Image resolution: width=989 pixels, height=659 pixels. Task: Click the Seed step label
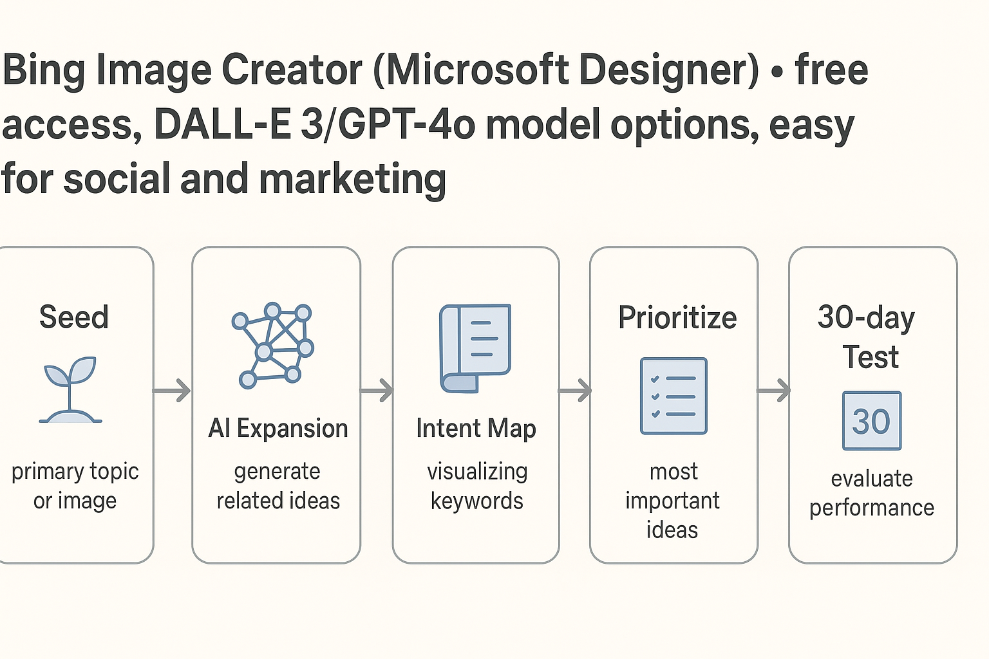pyautogui.click(x=74, y=317)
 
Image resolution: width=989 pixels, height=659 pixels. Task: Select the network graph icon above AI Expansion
pyautogui.click(x=273, y=346)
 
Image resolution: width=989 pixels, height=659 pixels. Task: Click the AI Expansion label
pyautogui.click(x=278, y=428)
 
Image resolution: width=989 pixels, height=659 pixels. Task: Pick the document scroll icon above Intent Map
pyautogui.click(x=475, y=348)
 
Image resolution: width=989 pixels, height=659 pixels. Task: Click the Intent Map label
pyautogui.click(x=476, y=429)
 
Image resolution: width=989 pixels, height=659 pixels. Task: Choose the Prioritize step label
pyautogui.click(x=677, y=318)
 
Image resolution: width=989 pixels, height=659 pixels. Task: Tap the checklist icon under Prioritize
pyautogui.click(x=673, y=396)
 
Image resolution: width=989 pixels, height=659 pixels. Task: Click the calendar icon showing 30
pyautogui.click(x=872, y=421)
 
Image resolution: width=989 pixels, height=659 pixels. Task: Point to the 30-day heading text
pyautogui.click(x=866, y=318)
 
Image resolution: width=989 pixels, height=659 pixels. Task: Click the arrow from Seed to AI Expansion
pyautogui.click(x=171, y=391)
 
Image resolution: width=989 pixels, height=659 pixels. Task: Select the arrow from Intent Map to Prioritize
pyautogui.click(x=575, y=391)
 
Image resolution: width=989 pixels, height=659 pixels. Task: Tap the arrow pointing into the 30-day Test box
pyautogui.click(x=773, y=391)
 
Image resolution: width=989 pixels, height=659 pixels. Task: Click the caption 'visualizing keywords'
pyautogui.click(x=477, y=486)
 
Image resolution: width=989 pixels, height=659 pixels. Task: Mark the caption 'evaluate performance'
pyautogui.click(x=872, y=494)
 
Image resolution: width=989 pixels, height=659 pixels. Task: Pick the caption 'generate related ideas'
pyautogui.click(x=278, y=486)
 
